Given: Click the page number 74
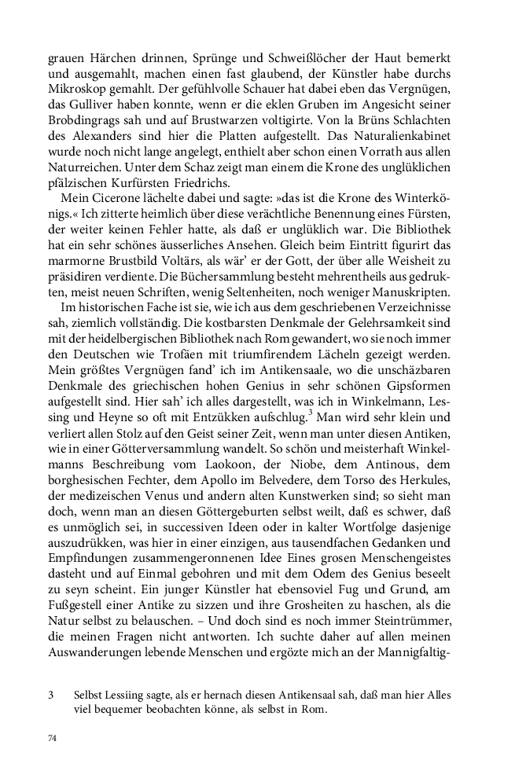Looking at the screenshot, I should [53, 739].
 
